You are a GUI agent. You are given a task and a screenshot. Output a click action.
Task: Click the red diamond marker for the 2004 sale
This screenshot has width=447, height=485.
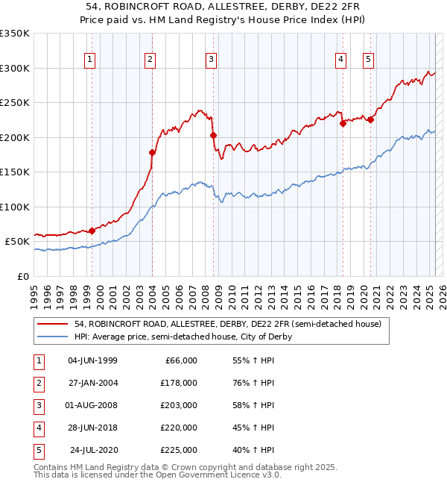(152, 153)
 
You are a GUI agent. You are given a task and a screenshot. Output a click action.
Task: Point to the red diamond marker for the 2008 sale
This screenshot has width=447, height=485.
(213, 135)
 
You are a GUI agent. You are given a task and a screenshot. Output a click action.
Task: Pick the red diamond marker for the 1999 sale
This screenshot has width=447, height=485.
(92, 231)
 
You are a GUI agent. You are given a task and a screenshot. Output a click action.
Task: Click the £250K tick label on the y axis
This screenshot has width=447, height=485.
(15, 103)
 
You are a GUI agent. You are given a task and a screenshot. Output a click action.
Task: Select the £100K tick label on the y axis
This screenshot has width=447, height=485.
(15, 207)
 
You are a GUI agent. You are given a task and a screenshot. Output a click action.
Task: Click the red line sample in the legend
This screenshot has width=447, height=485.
(53, 324)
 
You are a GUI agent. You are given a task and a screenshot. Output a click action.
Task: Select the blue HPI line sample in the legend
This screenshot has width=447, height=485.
(53, 337)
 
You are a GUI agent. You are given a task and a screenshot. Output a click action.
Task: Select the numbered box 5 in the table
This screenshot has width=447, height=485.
(38, 450)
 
